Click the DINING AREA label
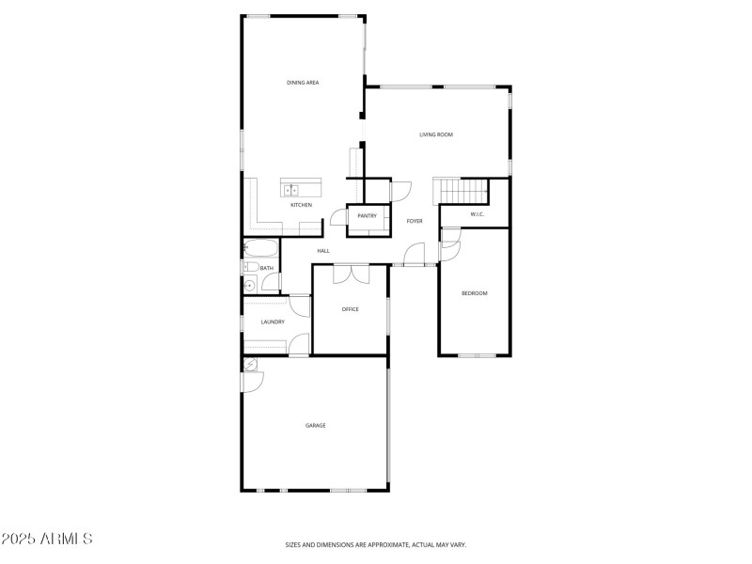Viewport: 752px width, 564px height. pyautogui.click(x=303, y=83)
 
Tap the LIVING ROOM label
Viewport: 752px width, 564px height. pyautogui.click(x=436, y=134)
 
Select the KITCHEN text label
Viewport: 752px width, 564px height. pyautogui.click(x=301, y=205)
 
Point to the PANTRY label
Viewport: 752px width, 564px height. pyautogui.click(x=367, y=216)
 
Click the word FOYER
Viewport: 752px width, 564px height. pyautogui.click(x=415, y=221)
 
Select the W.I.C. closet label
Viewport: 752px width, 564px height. pyautogui.click(x=476, y=214)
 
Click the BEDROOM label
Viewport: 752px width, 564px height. pyautogui.click(x=474, y=293)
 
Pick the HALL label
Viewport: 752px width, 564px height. pyautogui.click(x=323, y=251)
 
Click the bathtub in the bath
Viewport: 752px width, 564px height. pyautogui.click(x=260, y=249)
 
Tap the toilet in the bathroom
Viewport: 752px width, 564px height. pyautogui.click(x=249, y=267)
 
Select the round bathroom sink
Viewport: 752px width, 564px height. pyautogui.click(x=250, y=285)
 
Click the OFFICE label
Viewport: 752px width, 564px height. pyautogui.click(x=350, y=309)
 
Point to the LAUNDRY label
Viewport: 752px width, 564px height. pyautogui.click(x=273, y=322)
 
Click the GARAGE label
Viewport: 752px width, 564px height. pyautogui.click(x=315, y=426)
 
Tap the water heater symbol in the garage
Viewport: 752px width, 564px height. pyautogui.click(x=251, y=365)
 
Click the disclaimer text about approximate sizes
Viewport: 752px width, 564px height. pyautogui.click(x=376, y=544)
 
